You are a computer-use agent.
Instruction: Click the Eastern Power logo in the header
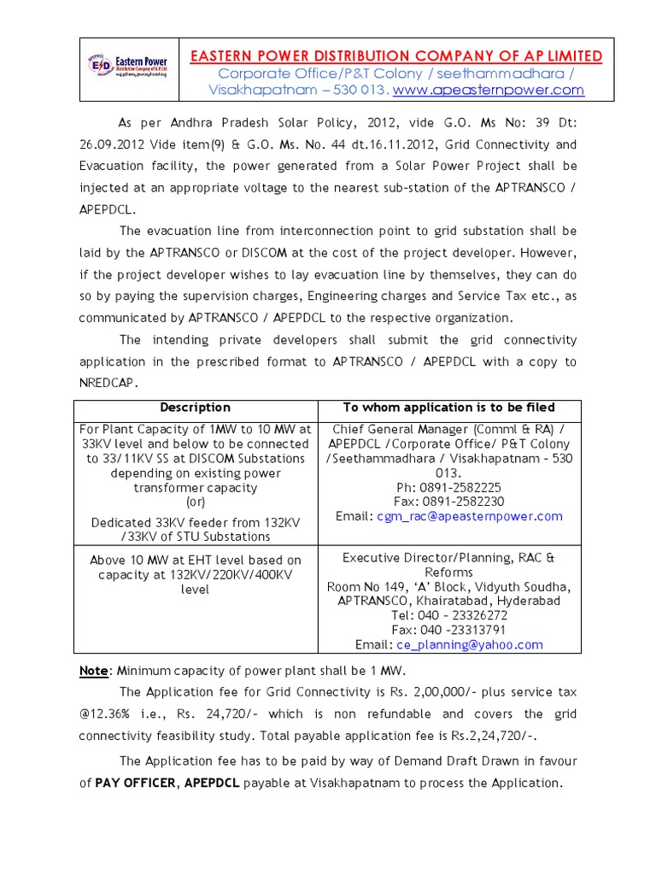click(x=127, y=68)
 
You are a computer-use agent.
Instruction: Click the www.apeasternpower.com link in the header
click(x=489, y=90)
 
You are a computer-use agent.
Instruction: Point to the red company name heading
click(x=395, y=56)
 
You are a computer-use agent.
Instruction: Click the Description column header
click(x=196, y=408)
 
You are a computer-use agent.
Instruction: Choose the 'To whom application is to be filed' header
click(x=448, y=408)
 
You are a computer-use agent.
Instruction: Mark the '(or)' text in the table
click(x=196, y=502)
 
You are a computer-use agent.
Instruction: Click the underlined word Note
click(x=94, y=670)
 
